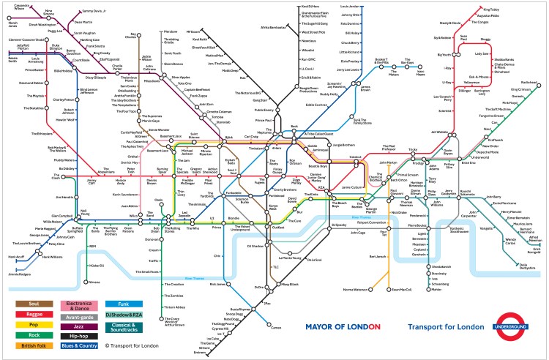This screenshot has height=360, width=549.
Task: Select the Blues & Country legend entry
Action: pos(78,345)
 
